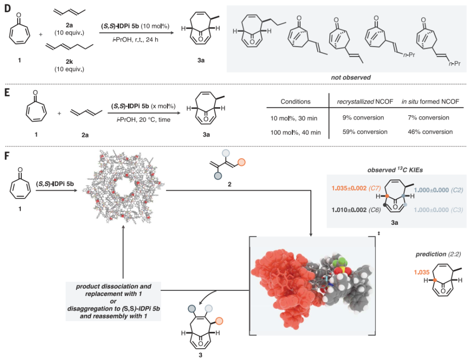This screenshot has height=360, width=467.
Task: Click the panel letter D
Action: [x=7, y=8]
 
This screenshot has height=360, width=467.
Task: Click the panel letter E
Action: [x=7, y=92]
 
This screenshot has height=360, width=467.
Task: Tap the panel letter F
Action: [x=7, y=156]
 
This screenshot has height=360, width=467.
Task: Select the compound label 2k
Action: [x=69, y=62]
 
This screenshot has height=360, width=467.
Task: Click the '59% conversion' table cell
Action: [x=365, y=132]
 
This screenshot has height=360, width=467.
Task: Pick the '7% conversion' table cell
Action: [x=428, y=118]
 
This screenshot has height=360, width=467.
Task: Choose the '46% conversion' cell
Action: [x=430, y=132]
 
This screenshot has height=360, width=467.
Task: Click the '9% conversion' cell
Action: [x=363, y=118]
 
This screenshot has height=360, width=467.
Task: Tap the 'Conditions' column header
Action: [x=295, y=102]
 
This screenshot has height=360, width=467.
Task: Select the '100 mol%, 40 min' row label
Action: [x=295, y=132]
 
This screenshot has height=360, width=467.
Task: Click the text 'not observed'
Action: [x=351, y=77]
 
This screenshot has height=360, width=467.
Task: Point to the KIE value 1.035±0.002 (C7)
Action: [x=356, y=188]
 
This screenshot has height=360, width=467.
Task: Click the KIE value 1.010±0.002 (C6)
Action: [x=356, y=210]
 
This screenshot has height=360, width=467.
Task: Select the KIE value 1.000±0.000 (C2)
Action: [x=438, y=190]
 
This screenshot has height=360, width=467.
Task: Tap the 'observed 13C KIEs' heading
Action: [x=395, y=170]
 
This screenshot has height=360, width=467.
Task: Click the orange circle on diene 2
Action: [x=241, y=162]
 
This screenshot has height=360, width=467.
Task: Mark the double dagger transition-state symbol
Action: [x=379, y=234]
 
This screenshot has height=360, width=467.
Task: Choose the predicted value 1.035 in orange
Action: [x=421, y=272]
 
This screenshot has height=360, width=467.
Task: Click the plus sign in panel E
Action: [x=59, y=113]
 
